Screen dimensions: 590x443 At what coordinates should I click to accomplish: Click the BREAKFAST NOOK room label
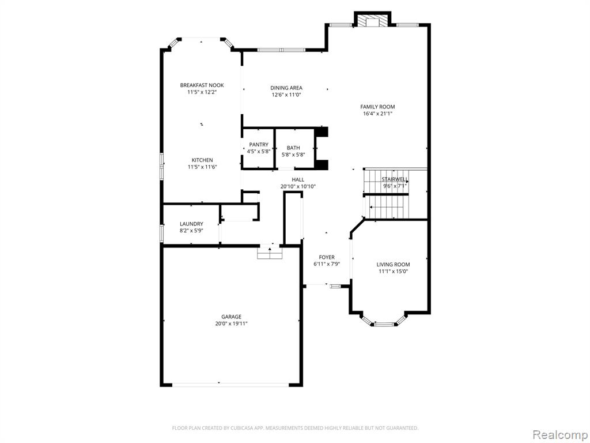pyautogui.click(x=202, y=85)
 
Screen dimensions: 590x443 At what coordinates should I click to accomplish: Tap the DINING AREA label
pyautogui.click(x=286, y=88)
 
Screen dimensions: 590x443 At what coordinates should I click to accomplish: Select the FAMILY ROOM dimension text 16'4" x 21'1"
pyautogui.click(x=377, y=113)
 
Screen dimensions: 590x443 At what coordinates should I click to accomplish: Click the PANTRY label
pyautogui.click(x=259, y=145)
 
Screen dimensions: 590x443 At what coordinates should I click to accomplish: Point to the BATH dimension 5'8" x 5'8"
pyautogui.click(x=293, y=154)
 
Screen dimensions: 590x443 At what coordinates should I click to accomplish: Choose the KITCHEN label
pyautogui.click(x=202, y=160)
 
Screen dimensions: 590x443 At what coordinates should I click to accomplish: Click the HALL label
pyautogui.click(x=298, y=180)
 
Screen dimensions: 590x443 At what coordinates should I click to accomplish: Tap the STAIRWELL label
pyautogui.click(x=395, y=179)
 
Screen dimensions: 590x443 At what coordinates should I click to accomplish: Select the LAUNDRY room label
pyautogui.click(x=191, y=224)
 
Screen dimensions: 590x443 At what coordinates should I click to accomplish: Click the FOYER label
pyautogui.click(x=327, y=257)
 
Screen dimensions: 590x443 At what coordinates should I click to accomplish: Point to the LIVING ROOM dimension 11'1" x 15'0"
pyautogui.click(x=393, y=271)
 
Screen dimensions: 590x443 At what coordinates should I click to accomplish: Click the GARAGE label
pyautogui.click(x=231, y=317)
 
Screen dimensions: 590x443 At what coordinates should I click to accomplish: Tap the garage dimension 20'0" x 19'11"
pyautogui.click(x=231, y=324)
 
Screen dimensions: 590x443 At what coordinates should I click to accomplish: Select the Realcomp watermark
pyautogui.click(x=560, y=434)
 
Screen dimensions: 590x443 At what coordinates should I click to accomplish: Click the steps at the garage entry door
pyautogui.click(x=270, y=253)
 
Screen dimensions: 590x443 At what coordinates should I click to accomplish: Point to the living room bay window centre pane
pyautogui.click(x=385, y=324)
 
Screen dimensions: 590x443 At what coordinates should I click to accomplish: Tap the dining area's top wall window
pyautogui.click(x=281, y=50)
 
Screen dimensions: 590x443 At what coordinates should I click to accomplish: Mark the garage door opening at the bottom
pyautogui.click(x=230, y=385)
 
